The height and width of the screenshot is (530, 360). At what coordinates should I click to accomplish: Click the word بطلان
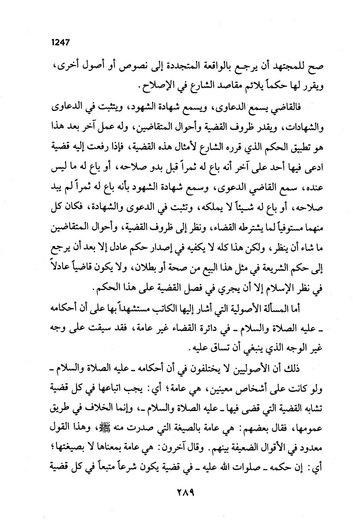[153, 264]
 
